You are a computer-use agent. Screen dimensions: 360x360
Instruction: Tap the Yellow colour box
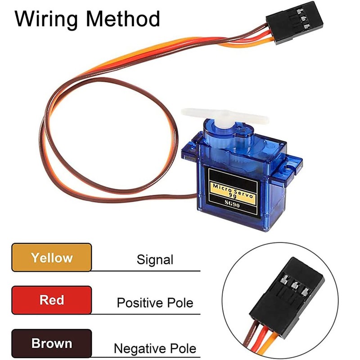[x=52, y=258]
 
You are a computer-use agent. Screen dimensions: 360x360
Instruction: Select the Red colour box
[x=52, y=300]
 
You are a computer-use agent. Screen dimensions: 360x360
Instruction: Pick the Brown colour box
[x=52, y=343]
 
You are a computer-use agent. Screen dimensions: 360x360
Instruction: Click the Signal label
[x=155, y=260]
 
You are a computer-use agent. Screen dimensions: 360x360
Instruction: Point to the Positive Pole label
[x=155, y=302]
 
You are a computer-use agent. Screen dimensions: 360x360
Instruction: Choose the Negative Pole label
[x=155, y=348]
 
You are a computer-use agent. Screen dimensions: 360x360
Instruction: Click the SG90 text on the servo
[x=232, y=201]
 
